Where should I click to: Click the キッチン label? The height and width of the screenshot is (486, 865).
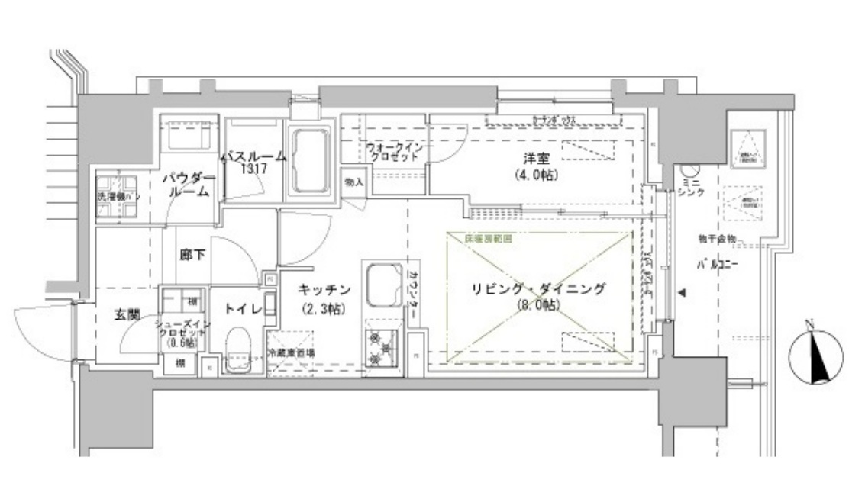324,289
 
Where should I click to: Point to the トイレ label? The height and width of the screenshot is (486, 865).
243,309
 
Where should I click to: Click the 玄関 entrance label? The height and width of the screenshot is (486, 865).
127,314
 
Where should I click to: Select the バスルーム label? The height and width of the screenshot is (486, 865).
253,156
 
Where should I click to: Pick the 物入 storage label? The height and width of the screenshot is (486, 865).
353,182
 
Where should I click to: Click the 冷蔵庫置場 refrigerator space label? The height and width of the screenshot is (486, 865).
292,352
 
